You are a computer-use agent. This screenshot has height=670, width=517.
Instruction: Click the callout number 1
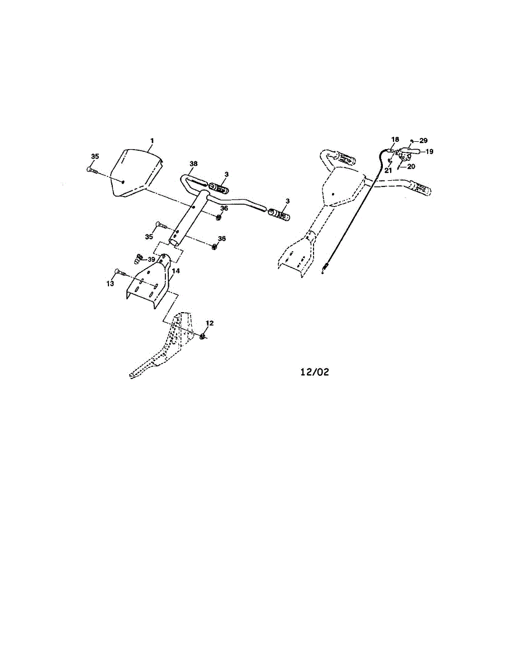151,140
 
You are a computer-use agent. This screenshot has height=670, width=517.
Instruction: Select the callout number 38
194,164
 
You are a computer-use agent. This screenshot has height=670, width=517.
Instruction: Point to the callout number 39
151,260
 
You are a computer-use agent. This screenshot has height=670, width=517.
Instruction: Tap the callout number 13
110,284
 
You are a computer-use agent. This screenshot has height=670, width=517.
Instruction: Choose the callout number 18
395,139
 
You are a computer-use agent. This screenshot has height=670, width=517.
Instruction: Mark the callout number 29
423,140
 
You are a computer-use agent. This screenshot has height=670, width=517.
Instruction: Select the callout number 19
429,151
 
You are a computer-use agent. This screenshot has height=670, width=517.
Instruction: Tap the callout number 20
411,166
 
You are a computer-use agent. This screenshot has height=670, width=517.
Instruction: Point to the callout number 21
388,170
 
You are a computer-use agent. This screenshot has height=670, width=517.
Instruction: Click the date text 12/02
315,371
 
